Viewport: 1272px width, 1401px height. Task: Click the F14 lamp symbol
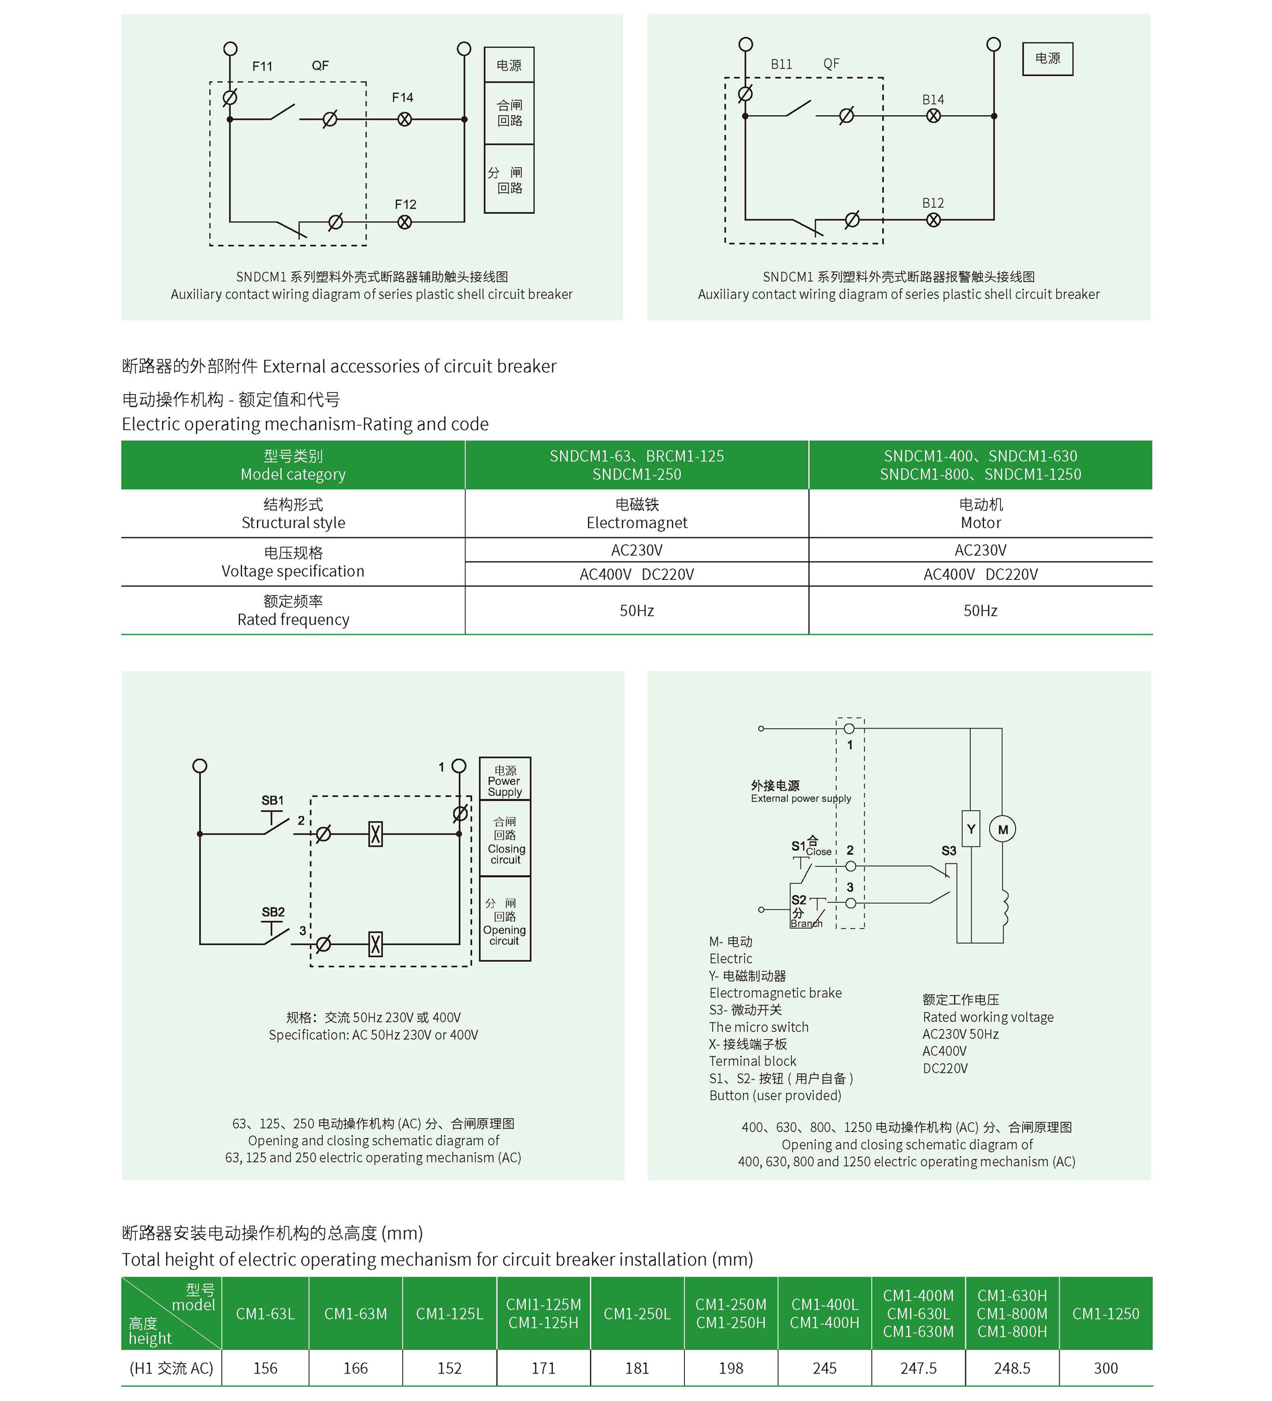pos(404,120)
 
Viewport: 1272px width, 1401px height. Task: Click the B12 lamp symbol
pos(934,221)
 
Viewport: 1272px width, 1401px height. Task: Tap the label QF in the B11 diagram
pos(831,64)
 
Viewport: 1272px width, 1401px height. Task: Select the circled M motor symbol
pos(1002,829)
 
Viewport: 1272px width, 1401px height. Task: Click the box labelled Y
pos(971,829)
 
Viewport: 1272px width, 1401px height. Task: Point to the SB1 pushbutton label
pos(272,800)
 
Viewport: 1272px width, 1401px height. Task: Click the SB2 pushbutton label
pos(273,912)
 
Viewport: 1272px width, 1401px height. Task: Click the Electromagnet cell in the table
pos(637,514)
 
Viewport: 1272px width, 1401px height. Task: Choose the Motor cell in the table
pos(980,514)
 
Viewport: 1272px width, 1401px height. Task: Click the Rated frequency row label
pos(293,610)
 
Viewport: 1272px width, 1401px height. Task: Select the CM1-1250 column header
pos(1105,1314)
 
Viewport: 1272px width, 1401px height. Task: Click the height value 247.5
pos(918,1368)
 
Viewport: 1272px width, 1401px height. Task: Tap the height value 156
pos(265,1368)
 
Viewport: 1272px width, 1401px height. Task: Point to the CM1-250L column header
pos(637,1314)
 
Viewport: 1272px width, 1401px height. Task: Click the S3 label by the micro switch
pos(948,851)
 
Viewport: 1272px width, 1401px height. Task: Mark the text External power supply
pos(800,798)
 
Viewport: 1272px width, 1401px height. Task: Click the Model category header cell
pos(293,465)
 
